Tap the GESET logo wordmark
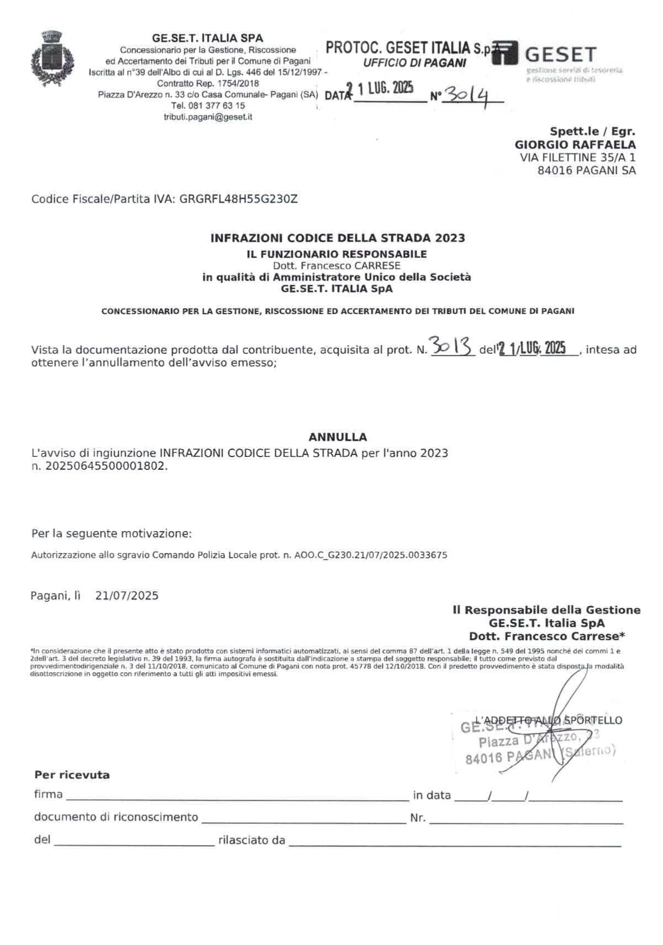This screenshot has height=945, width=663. [x=560, y=55]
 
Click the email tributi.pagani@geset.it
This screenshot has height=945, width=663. [x=208, y=117]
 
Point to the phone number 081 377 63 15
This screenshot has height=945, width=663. [x=215, y=105]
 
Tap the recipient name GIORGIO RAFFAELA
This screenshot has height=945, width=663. [x=575, y=145]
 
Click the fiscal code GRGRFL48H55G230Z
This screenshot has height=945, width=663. [x=239, y=199]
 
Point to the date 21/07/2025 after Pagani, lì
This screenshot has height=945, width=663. [x=127, y=595]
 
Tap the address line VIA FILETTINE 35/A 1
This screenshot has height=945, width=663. [x=577, y=157]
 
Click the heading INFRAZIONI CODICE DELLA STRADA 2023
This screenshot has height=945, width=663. [x=338, y=238]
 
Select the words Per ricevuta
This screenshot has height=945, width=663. [x=72, y=775]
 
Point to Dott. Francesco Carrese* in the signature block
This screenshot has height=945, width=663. [x=546, y=636]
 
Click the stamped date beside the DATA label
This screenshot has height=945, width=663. [x=382, y=89]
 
